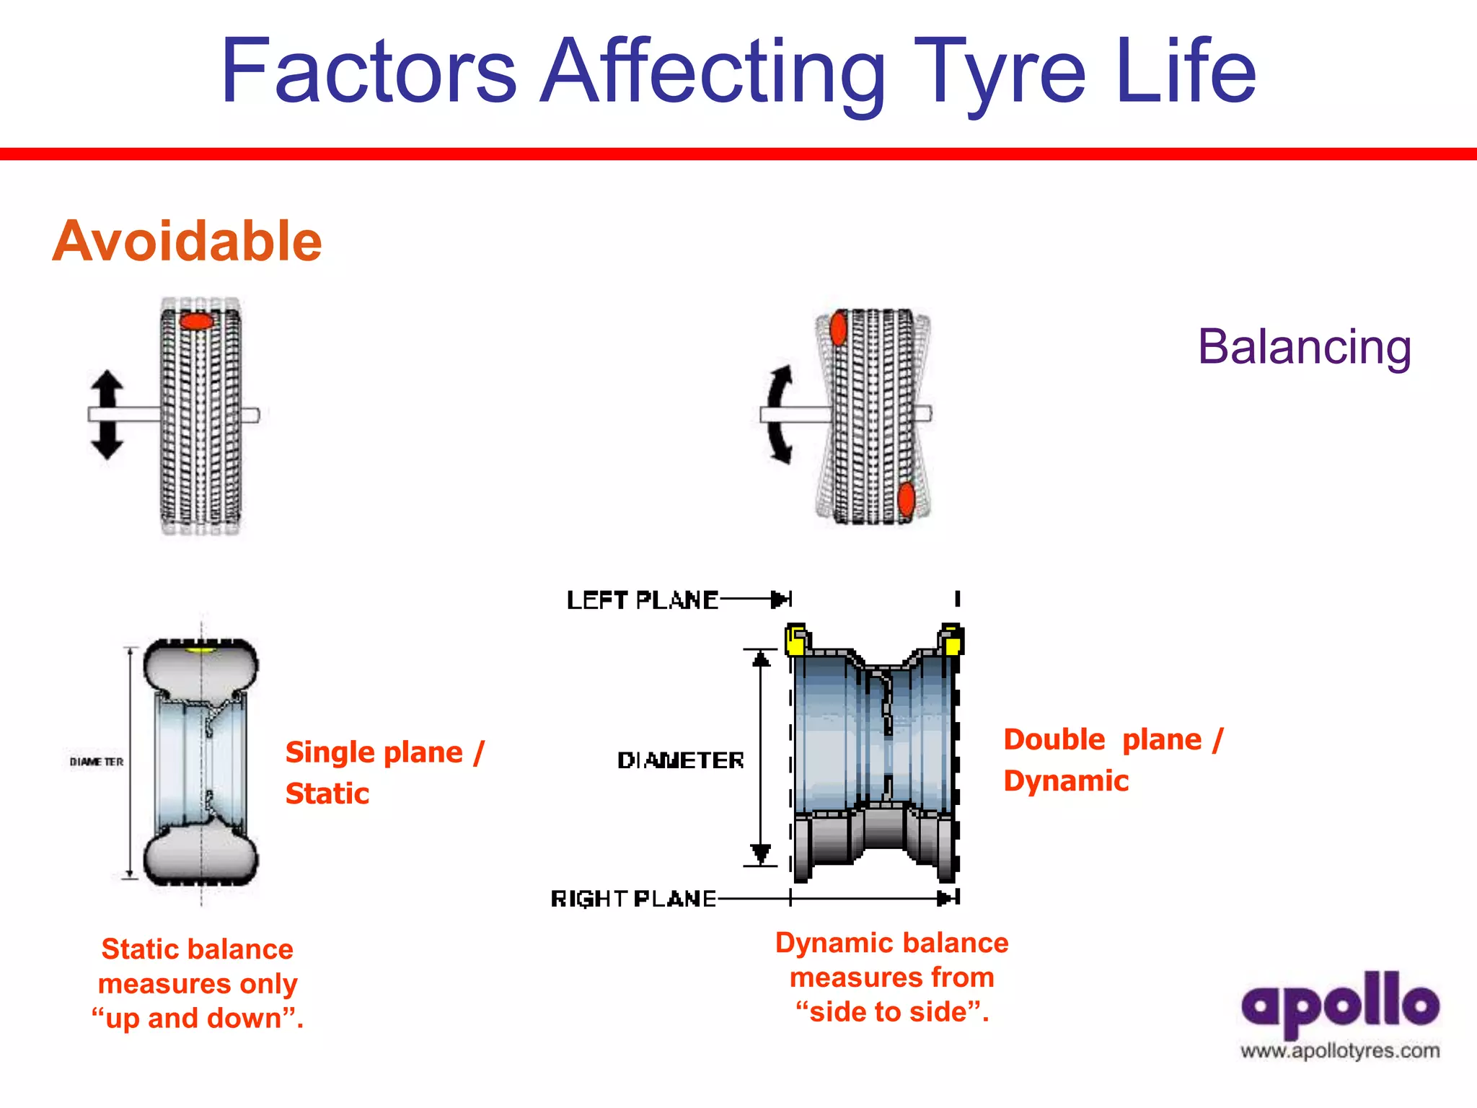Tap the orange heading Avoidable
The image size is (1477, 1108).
click(188, 241)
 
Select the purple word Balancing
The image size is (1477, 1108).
click(1304, 348)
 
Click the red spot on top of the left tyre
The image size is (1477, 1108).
click(197, 321)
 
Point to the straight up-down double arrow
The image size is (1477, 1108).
click(107, 415)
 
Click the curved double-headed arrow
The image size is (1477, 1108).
click(779, 415)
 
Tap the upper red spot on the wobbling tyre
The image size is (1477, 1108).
click(838, 329)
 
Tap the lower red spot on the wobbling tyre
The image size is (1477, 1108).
click(907, 499)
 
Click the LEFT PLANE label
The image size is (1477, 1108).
click(642, 600)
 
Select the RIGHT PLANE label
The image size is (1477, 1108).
click(633, 899)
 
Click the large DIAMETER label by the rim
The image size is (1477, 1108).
click(680, 760)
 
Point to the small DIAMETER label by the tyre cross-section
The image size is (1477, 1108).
click(97, 762)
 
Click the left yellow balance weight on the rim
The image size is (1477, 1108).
click(797, 641)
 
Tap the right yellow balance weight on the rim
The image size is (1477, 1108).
click(951, 640)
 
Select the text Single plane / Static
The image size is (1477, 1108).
click(384, 773)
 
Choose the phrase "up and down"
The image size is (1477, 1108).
click(197, 1019)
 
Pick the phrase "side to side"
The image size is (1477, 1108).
click(892, 1012)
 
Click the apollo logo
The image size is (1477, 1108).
click(1340, 1003)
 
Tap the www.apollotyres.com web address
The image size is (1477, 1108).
click(1340, 1051)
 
